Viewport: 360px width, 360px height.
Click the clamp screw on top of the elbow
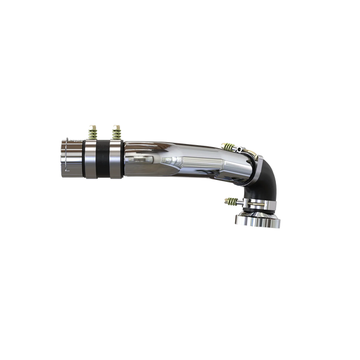pyautogui.click(x=242, y=146)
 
